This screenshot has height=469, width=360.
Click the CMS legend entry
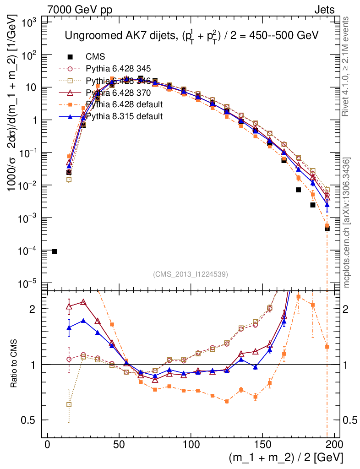click(95, 57)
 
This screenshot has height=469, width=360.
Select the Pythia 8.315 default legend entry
click(124, 116)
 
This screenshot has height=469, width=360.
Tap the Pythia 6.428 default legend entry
click(124, 104)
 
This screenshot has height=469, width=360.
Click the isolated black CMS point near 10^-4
click(55, 251)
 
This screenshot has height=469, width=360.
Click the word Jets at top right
click(324, 10)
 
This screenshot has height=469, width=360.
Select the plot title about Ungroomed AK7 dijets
click(191, 36)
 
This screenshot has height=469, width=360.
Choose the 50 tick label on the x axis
click(119, 444)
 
